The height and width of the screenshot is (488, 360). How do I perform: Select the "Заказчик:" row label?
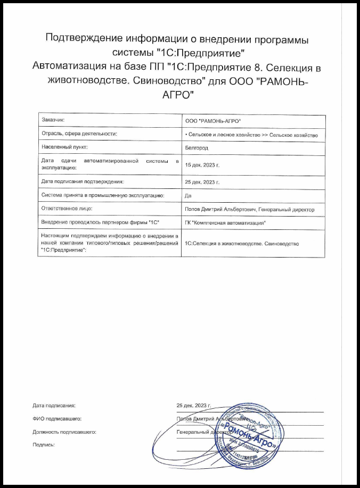53,121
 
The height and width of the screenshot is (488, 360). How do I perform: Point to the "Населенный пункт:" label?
64,146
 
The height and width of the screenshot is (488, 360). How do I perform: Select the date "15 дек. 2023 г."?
201,165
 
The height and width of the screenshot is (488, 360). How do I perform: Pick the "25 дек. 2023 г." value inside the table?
201,182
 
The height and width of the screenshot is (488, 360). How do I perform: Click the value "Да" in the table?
187,196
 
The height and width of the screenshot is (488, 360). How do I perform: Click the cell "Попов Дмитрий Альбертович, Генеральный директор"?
249,210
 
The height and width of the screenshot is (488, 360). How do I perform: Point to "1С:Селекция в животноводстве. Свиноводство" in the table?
242,243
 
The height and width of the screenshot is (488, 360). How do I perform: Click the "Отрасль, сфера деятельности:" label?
79,135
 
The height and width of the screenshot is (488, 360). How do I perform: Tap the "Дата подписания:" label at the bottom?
54,406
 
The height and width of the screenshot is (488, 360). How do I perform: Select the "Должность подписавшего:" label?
64,432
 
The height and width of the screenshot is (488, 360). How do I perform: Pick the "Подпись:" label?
44,444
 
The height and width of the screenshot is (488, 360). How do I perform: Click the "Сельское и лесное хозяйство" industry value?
224,135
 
